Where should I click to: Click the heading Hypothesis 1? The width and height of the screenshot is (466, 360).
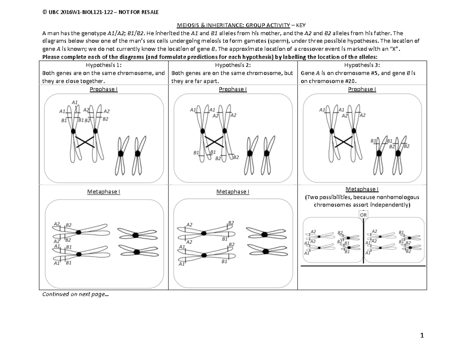[x=104, y=65]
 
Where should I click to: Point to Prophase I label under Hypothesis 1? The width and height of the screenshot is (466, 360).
[x=104, y=89]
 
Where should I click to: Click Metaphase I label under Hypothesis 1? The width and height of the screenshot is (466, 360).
[x=104, y=191]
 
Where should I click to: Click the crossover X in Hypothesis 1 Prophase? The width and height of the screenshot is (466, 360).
[x=85, y=142]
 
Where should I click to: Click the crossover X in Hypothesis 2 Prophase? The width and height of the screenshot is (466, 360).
[x=214, y=142]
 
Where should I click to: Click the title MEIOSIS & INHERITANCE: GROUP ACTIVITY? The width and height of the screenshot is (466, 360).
[x=233, y=25]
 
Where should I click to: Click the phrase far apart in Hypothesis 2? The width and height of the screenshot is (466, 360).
[x=207, y=81]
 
